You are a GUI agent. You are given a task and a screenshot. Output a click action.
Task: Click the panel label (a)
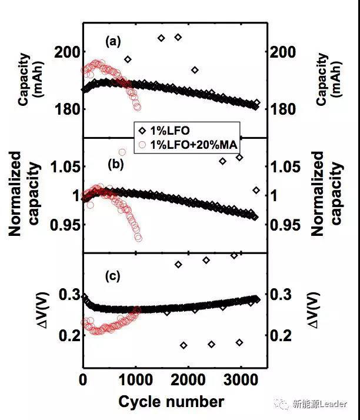[113, 41]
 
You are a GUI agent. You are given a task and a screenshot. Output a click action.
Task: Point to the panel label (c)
[112, 275]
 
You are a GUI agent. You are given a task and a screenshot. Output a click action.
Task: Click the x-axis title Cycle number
[171, 402]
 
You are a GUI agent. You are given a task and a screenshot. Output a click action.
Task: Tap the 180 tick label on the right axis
[282, 109]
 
